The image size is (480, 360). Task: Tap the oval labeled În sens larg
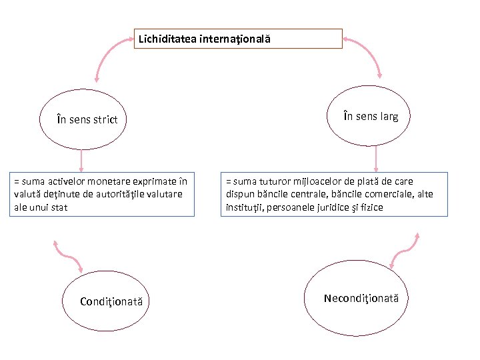[x=372, y=117]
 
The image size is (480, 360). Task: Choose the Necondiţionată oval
[x=361, y=298]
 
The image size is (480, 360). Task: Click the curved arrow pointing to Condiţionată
[x=67, y=257]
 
